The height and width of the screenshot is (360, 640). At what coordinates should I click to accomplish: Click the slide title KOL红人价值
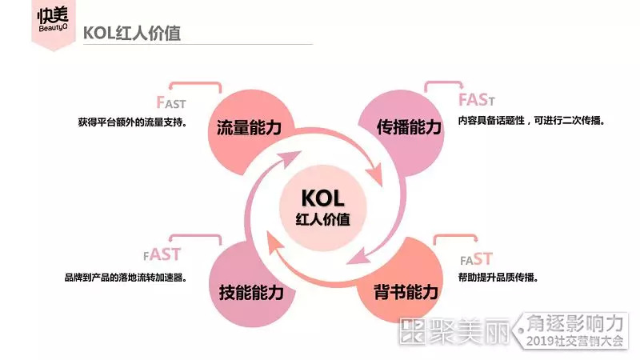[x=131, y=33]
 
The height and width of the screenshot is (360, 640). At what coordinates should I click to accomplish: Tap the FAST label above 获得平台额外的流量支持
[x=171, y=102]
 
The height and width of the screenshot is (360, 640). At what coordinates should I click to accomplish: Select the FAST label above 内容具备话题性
[x=477, y=100]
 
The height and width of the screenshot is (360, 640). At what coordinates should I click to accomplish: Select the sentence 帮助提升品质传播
[x=497, y=278]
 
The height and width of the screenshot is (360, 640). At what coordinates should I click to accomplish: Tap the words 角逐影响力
[x=574, y=322]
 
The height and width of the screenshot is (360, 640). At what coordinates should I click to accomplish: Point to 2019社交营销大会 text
[x=574, y=342]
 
